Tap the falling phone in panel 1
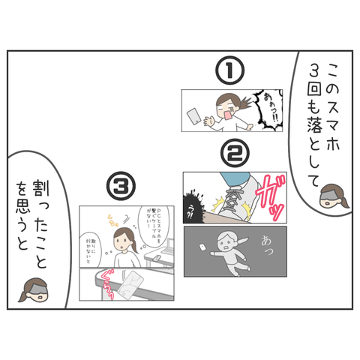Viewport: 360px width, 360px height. point(194,116)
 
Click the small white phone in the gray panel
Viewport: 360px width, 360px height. point(203,246)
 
